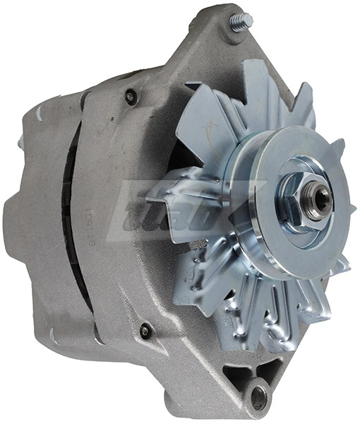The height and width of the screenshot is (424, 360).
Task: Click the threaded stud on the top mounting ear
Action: [239, 23]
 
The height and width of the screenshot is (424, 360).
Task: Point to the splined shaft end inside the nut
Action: [321, 199]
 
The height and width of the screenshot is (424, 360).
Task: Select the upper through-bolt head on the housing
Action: [130, 97]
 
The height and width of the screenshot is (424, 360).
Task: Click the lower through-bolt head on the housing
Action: [145, 329]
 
